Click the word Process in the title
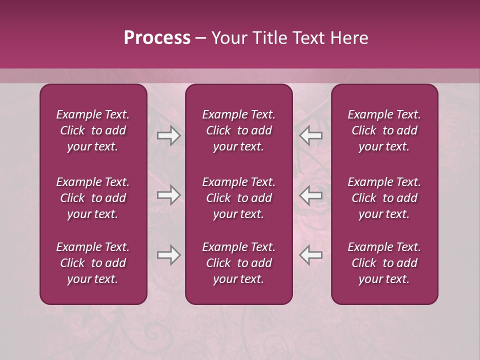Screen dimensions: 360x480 [157, 38]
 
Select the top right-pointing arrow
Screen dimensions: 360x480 [168, 135]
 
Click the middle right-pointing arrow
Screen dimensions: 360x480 [168, 195]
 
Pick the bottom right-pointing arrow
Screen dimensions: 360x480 [168, 255]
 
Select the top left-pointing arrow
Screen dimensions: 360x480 [311, 135]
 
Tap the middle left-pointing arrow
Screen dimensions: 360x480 [311, 195]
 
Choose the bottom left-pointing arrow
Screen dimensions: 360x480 [311, 255]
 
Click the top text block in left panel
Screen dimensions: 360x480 [93, 130]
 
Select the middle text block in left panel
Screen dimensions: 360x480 [93, 198]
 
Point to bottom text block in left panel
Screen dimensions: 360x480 [93, 263]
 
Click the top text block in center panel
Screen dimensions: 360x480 [238, 130]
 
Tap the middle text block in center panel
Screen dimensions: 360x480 [238, 198]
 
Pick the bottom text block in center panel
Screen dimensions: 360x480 [238, 263]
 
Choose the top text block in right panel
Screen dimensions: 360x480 [384, 130]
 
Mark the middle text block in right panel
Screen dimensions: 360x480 [384, 198]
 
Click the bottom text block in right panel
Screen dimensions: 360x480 [384, 263]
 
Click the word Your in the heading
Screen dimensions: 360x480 [228, 38]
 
